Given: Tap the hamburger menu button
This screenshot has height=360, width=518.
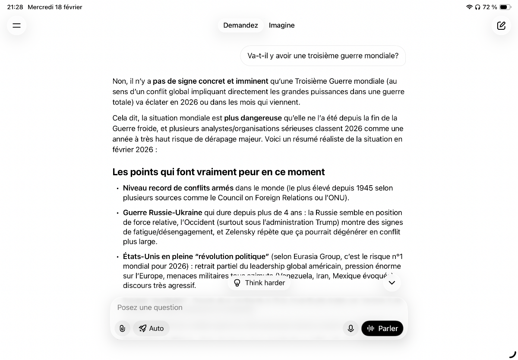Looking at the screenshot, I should point(16,25).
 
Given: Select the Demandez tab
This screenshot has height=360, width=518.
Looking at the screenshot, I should point(240,25).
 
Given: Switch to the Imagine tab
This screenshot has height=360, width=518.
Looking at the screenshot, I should point(281,25).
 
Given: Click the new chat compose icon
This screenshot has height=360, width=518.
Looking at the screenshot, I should point(501,25).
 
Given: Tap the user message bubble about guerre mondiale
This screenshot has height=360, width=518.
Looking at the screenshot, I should point(323,56).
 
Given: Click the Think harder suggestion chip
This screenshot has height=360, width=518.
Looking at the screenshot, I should point(259,283).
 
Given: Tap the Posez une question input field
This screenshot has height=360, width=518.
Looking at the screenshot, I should point(259,307).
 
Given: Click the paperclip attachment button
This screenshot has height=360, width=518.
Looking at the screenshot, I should point(123,328).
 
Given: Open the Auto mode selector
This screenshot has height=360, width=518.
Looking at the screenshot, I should point(151,328).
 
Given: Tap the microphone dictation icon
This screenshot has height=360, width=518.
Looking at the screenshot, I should point(351,328).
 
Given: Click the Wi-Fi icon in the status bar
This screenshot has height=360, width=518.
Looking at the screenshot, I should point(469,7).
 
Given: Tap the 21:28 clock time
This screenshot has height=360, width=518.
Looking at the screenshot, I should point(15,7).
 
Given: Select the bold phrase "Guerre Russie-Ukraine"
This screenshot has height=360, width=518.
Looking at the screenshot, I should point(162,212).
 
